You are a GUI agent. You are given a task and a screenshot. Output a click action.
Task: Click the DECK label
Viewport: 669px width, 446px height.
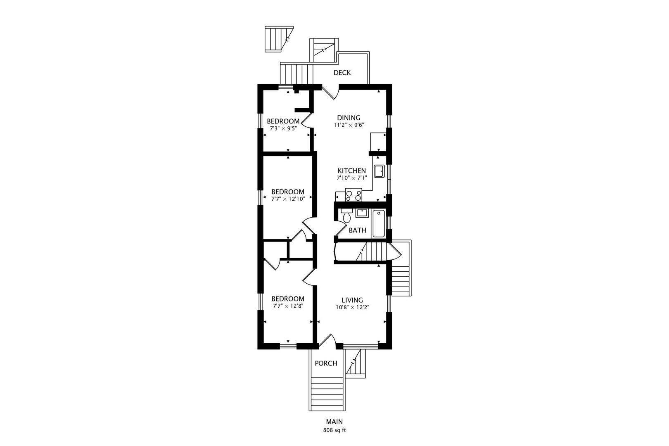(342, 73)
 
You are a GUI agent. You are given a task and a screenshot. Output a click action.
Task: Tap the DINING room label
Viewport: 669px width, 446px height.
(349, 118)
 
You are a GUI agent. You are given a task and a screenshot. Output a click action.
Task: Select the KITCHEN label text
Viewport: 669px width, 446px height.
(351, 171)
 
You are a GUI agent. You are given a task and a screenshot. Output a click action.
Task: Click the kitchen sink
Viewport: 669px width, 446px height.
(379, 171)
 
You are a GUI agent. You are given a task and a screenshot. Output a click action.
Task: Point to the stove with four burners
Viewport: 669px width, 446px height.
(353, 195)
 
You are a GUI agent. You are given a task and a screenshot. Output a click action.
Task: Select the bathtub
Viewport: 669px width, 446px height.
(379, 224)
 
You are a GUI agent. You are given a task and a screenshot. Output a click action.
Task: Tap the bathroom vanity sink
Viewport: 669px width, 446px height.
(362, 213)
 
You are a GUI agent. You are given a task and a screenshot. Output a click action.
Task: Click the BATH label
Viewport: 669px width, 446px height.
(358, 230)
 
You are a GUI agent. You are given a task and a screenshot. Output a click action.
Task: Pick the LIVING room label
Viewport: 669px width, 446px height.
(352, 300)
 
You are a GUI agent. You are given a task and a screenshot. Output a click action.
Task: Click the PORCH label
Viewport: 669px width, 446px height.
(326, 363)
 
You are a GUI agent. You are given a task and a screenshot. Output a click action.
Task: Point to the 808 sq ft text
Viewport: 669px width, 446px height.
(334, 430)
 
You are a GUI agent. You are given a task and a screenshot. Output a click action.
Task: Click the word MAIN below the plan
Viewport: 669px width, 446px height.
(334, 422)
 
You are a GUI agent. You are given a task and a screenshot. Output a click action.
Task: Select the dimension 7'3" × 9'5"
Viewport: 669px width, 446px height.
(283, 128)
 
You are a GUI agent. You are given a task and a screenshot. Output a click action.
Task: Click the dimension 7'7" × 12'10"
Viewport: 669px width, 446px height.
(288, 199)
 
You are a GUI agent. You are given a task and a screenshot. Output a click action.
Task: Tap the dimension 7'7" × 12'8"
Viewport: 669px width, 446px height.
(288, 306)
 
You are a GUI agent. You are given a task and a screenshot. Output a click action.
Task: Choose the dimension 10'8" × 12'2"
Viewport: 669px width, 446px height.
(352, 307)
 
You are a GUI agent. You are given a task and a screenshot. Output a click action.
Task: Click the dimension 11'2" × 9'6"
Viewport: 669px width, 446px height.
(349, 125)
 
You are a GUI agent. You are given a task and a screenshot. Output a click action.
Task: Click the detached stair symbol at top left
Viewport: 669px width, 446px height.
(279, 39)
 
